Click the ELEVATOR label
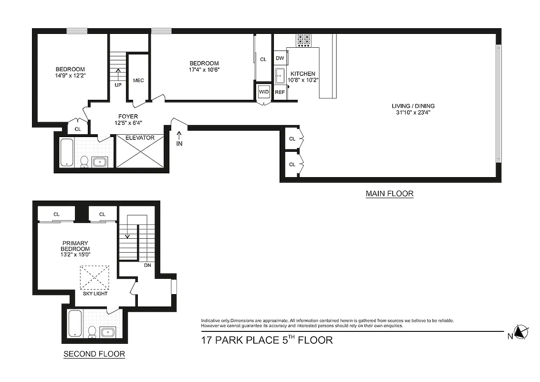point(140,138)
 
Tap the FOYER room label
point(128,116)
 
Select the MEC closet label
point(138,80)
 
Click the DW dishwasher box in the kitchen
point(280,58)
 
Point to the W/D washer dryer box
point(263,91)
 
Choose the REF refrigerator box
point(280,92)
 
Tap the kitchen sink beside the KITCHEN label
point(280,76)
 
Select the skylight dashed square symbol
point(94,277)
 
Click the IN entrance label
point(179,143)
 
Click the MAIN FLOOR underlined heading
point(389,194)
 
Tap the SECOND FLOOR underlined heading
point(94,354)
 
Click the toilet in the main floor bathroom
point(84,161)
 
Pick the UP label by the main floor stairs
point(118,85)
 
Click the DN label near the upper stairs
point(147,265)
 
